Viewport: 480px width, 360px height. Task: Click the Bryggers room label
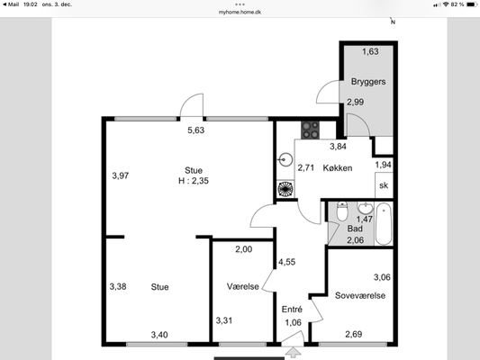click(x=368, y=82)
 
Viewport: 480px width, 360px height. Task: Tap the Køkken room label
click(x=338, y=168)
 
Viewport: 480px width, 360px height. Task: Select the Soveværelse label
click(x=360, y=295)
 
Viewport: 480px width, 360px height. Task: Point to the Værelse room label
click(x=243, y=286)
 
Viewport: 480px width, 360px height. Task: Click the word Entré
click(x=292, y=310)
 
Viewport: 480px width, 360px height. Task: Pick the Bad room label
click(x=355, y=229)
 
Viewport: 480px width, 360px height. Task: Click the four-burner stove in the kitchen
click(x=310, y=130)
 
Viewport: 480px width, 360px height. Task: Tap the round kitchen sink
click(x=285, y=159)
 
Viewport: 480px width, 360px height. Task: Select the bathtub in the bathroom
click(x=384, y=224)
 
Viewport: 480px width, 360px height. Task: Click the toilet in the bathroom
click(x=342, y=211)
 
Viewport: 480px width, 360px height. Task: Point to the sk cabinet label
click(x=384, y=185)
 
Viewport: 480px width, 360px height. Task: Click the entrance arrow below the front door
click(x=294, y=352)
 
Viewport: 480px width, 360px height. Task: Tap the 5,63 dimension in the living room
click(x=196, y=130)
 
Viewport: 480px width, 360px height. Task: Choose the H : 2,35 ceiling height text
click(x=194, y=181)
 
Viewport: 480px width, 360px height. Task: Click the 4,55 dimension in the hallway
click(x=287, y=262)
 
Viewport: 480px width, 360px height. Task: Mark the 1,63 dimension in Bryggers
click(x=370, y=51)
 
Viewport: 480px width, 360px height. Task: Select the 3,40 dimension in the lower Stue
click(x=159, y=335)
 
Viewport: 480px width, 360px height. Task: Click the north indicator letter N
click(x=393, y=22)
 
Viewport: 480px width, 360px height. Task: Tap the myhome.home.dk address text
click(x=240, y=13)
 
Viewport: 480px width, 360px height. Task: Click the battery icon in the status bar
click(x=471, y=4)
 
